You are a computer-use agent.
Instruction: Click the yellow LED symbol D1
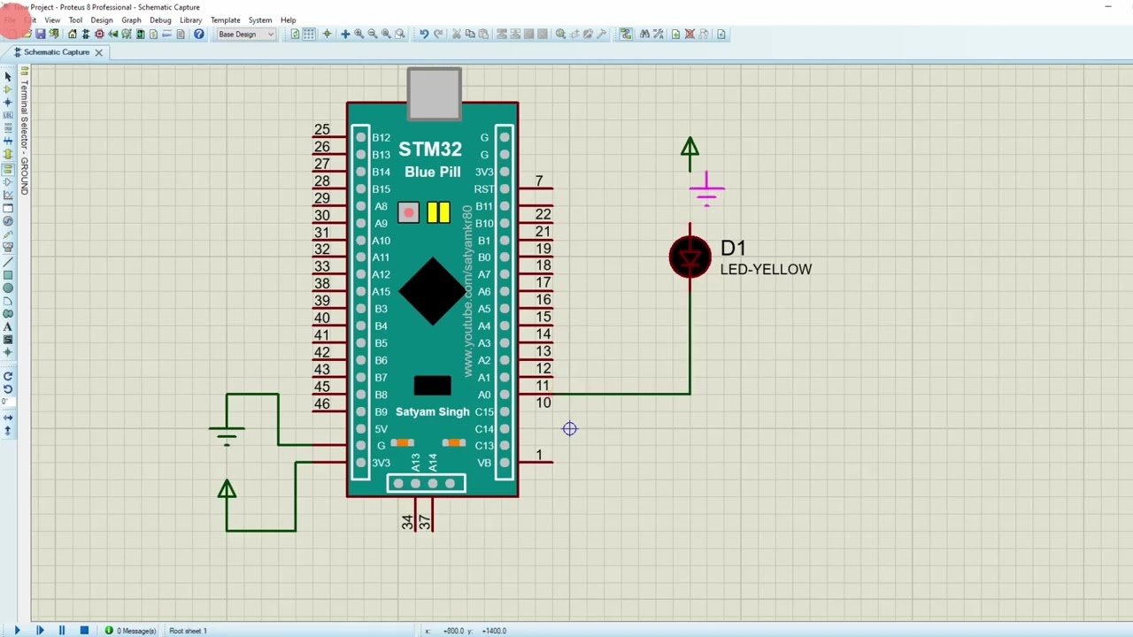point(690,257)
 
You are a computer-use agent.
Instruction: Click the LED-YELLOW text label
point(766,270)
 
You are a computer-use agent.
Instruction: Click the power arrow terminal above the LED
point(690,149)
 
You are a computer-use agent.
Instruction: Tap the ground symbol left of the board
point(227,434)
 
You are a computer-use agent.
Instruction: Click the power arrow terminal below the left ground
point(227,490)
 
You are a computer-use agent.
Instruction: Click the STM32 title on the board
point(430,150)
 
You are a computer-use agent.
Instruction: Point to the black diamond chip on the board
point(432,291)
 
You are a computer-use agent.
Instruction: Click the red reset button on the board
point(408,212)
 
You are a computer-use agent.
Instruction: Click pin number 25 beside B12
point(321,130)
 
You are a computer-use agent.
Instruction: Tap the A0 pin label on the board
point(484,395)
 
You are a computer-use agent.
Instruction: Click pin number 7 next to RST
point(539,181)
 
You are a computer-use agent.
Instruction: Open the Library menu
point(190,19)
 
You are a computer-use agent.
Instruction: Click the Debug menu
point(160,19)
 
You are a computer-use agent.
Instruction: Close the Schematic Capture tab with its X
point(99,52)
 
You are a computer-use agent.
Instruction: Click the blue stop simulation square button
point(84,630)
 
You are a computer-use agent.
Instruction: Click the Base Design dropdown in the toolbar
point(246,35)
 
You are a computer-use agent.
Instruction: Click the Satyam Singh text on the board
point(432,412)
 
